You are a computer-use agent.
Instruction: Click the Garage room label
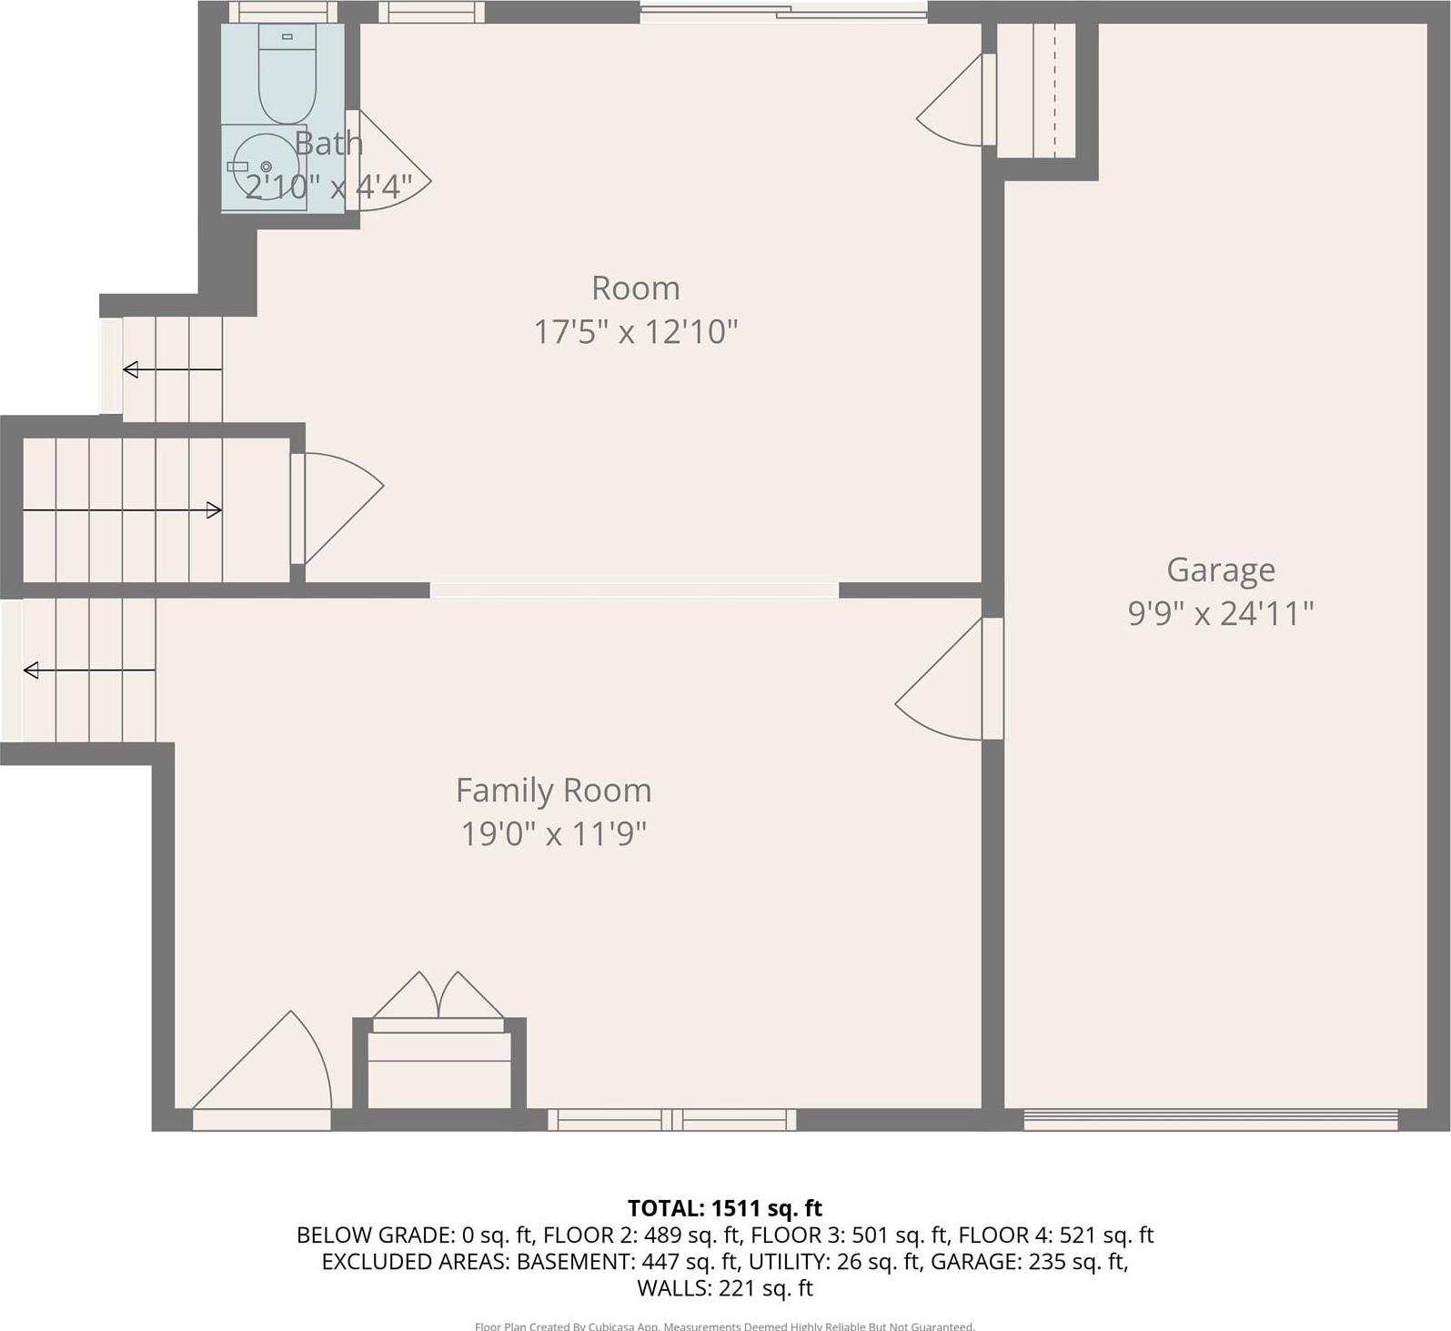(1221, 570)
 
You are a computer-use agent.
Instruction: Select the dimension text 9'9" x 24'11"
(1221, 614)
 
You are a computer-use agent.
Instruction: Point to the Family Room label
(553, 791)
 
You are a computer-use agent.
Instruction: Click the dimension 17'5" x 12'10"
(635, 332)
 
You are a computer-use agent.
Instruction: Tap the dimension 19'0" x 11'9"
(553, 833)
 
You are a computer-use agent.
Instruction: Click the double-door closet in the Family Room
(438, 1001)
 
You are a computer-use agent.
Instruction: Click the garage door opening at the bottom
(1210, 1120)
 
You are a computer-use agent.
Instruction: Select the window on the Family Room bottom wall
(671, 1120)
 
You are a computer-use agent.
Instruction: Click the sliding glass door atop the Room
(783, 13)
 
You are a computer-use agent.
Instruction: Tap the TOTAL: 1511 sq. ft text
(725, 1208)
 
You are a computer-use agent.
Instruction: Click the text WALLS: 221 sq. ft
(725, 1288)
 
